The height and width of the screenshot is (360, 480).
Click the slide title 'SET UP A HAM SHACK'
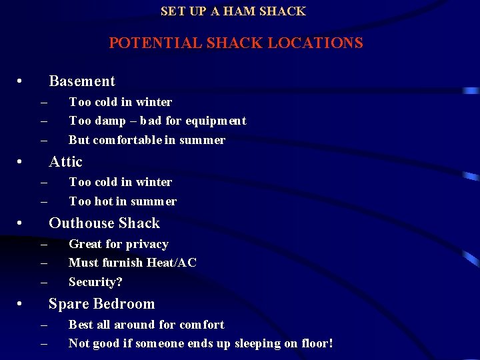point(233,11)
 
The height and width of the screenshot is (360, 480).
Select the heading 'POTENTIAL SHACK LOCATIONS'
point(236,43)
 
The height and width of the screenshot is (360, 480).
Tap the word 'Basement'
point(82,81)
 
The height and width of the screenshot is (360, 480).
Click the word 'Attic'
point(66,162)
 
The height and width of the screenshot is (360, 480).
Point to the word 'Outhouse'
point(81,223)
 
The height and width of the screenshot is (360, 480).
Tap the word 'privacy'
point(147,244)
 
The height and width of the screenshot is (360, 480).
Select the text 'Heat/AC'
point(171,263)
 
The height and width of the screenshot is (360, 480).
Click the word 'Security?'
point(95,282)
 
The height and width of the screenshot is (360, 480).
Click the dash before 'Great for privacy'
point(44,245)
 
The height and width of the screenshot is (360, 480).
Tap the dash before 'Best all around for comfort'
point(44,325)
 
